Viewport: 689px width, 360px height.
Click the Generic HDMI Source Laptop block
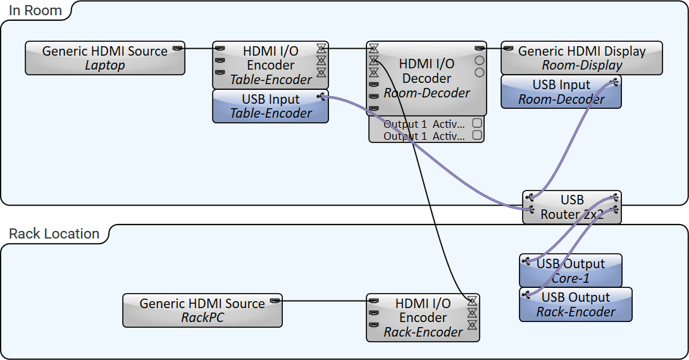click(x=105, y=58)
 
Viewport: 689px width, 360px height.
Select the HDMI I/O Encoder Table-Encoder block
click(x=270, y=65)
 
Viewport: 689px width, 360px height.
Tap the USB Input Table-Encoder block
click(x=270, y=106)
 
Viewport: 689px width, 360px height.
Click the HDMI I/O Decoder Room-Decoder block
click(x=427, y=78)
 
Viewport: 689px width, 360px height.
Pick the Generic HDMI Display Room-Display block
click(x=581, y=58)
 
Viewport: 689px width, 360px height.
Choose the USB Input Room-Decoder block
click(x=561, y=92)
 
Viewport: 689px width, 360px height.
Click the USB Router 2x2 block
click(x=572, y=208)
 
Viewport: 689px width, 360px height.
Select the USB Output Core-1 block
click(x=570, y=271)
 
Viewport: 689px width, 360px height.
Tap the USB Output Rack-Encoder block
click(x=575, y=304)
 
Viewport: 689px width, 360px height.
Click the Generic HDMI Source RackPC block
click(x=202, y=311)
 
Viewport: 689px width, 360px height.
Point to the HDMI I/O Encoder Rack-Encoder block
click(x=423, y=318)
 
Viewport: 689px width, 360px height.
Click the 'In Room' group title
click(x=35, y=11)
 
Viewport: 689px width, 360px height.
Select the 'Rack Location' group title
click(x=54, y=234)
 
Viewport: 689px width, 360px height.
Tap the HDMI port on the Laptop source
click(x=178, y=47)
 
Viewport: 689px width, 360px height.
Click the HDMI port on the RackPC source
click(x=275, y=301)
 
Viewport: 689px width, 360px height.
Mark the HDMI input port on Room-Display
click(x=508, y=47)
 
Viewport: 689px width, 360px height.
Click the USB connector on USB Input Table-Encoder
click(x=321, y=96)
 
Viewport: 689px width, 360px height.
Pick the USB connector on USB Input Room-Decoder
click(x=615, y=82)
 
